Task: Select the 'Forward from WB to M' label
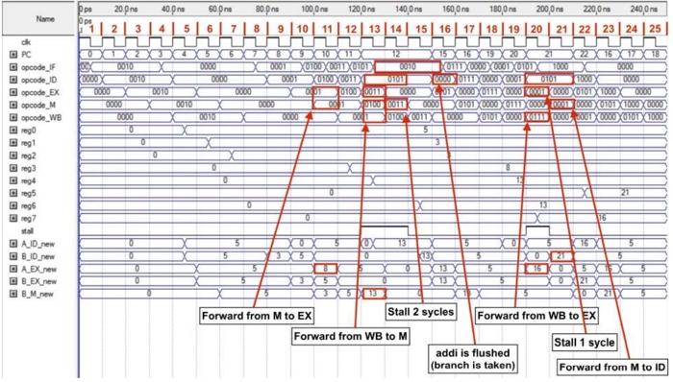tap(343, 337)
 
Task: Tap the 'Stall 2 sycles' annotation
tap(420, 311)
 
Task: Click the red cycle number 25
tap(654, 30)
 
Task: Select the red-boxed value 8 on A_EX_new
tap(327, 268)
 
